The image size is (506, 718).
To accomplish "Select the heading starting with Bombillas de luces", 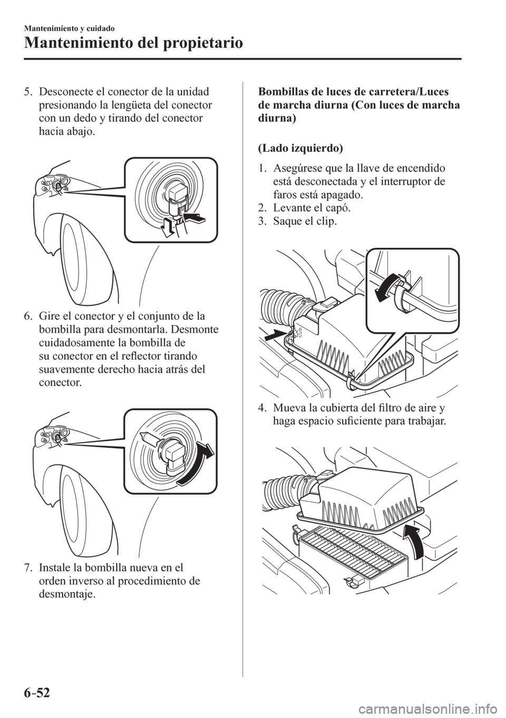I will pyautogui.click(x=358, y=104).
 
